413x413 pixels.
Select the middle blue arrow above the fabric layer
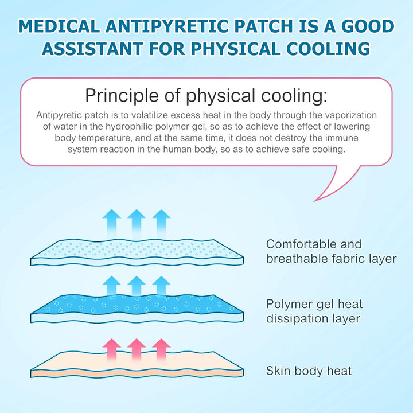pos(136,220)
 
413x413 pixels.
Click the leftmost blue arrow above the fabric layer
pos(111,220)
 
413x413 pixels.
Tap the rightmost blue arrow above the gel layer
pos(162,286)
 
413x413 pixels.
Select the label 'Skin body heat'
pos(309,371)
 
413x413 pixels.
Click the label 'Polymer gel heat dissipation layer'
pos(314,311)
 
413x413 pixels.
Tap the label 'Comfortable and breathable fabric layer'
pos(331,251)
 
